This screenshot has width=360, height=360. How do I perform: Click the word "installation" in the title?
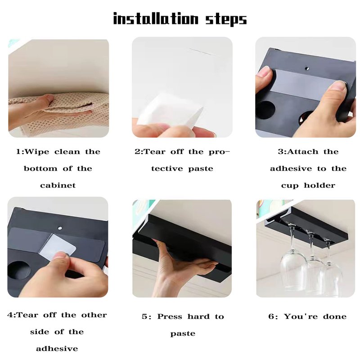point(156,18)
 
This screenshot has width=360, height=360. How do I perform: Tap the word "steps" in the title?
point(226,19)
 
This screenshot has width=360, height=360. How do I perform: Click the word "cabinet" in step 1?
point(58,185)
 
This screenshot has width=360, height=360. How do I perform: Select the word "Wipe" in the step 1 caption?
point(37,152)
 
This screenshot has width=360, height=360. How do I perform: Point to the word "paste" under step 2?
point(201,169)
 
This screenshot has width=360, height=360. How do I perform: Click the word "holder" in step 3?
point(319,185)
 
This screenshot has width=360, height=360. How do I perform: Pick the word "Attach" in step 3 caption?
point(302,152)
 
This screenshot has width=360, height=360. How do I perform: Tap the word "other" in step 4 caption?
point(94,315)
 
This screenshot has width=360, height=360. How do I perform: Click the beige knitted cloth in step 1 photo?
point(69,110)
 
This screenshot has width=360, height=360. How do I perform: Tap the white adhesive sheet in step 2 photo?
point(171,111)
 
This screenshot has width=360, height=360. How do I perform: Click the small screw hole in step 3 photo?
point(307,68)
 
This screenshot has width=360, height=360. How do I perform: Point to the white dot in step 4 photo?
point(60,228)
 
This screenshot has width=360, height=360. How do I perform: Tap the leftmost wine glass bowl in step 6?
point(293,269)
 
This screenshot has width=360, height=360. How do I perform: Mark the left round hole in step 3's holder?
point(265,110)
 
